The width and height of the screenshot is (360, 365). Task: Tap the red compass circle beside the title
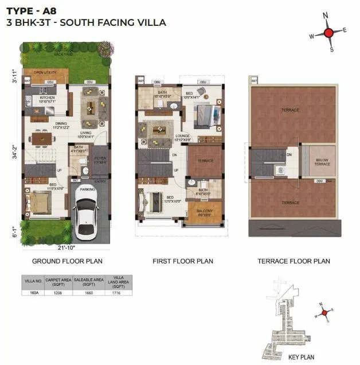pyautogui.click(x=328, y=33)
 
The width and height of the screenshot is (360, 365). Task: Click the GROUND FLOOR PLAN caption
pyautogui.click(x=67, y=261)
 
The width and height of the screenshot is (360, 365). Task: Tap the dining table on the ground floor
pyautogui.click(x=40, y=138)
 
